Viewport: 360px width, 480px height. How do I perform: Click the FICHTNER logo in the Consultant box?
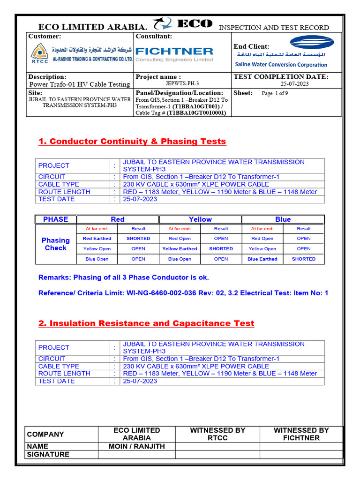[174, 52]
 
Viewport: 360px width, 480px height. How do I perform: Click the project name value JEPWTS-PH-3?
[182, 83]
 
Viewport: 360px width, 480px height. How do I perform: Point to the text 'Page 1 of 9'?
[275, 93]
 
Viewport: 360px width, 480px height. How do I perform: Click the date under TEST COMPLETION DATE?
[294, 84]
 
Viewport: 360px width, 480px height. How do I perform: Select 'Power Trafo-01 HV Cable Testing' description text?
[79, 84]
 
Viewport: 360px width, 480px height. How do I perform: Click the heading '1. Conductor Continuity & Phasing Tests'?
[132, 142]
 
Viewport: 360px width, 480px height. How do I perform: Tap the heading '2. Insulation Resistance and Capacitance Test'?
[146, 323]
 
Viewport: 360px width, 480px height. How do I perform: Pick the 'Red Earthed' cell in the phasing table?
[97, 239]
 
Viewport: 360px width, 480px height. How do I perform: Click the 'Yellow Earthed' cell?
[180, 249]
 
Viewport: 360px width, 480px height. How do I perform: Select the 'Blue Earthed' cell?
[262, 259]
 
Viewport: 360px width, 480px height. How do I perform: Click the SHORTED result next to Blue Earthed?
[303, 259]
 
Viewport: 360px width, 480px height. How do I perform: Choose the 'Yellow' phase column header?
[200, 219]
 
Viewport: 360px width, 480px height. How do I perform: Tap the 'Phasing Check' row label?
[56, 244]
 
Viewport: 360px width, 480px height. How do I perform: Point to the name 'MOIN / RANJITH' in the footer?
[137, 447]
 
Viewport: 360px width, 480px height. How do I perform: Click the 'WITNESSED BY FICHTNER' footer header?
[301, 434]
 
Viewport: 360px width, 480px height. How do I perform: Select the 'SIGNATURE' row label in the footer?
[48, 455]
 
